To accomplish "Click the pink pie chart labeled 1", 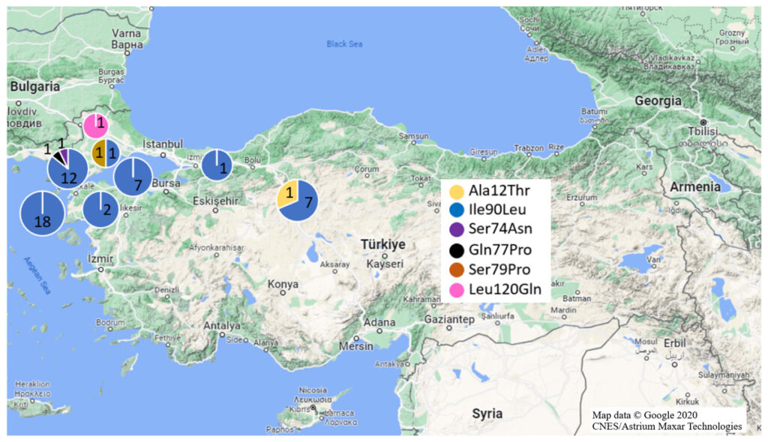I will tap(96, 125).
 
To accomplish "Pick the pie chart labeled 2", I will tap(103, 209).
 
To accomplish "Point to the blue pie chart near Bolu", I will tap(220, 164).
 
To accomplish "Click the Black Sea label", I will tap(344, 44).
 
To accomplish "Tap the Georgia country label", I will tap(658, 100).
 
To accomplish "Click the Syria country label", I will tap(487, 413).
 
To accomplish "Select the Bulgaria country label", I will tap(34, 86).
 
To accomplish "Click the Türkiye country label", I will tap(382, 244).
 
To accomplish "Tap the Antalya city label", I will tap(223, 326).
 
